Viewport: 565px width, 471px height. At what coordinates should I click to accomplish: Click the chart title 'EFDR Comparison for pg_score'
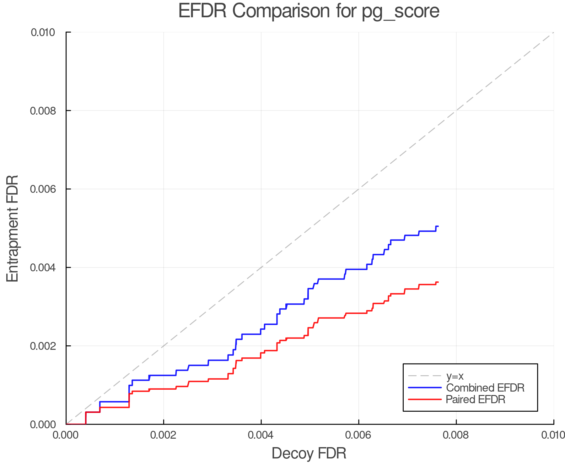point(309,11)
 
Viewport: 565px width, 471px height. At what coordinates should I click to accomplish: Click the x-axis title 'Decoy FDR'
point(309,453)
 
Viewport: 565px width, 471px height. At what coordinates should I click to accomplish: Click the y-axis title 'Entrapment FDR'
point(13,229)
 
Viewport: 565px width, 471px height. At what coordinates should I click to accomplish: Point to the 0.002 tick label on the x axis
point(164,435)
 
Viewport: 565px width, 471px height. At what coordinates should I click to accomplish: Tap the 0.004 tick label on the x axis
point(261,435)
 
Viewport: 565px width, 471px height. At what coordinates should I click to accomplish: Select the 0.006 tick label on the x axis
point(358,435)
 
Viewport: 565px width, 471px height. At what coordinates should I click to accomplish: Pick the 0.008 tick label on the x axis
point(456,435)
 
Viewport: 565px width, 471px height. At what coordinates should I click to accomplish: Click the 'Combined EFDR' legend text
point(485,388)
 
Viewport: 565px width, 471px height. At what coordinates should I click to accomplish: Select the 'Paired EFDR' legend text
point(476,399)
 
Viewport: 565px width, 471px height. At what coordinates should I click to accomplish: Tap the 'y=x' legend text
point(455,376)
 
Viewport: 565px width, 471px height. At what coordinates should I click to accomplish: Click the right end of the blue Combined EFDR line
point(438,226)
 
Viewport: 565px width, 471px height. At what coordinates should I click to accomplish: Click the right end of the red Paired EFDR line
point(438,282)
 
